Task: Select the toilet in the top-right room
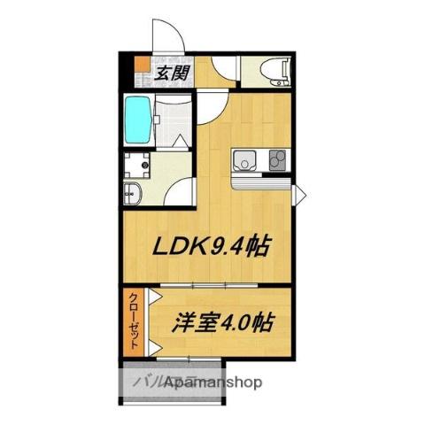coord(266,70)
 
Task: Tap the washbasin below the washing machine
coord(133,192)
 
